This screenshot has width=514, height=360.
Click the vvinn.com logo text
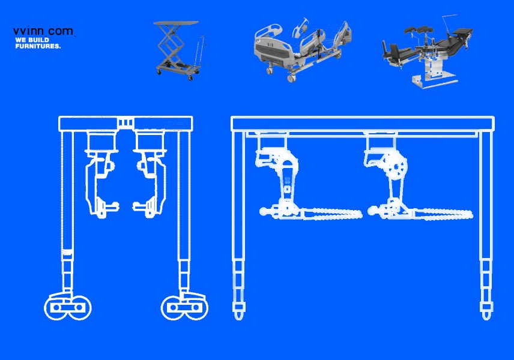click(x=43, y=31)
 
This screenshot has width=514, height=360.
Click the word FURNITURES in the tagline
click(x=38, y=46)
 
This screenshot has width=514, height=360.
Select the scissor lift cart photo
click(x=179, y=50)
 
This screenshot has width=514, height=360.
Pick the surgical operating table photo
click(x=428, y=52)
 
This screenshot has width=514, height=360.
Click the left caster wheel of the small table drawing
click(x=68, y=307)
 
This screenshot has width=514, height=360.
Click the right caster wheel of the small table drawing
click(x=184, y=307)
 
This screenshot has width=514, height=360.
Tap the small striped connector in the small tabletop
click(x=125, y=123)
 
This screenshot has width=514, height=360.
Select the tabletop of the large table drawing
click(x=363, y=124)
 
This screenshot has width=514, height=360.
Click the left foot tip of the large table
click(x=238, y=317)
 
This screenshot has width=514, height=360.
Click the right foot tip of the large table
click(x=486, y=317)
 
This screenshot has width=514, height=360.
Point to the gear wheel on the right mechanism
click(x=396, y=167)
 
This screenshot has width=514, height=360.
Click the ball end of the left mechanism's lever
click(x=264, y=212)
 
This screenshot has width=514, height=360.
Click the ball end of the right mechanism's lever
click(x=372, y=211)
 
